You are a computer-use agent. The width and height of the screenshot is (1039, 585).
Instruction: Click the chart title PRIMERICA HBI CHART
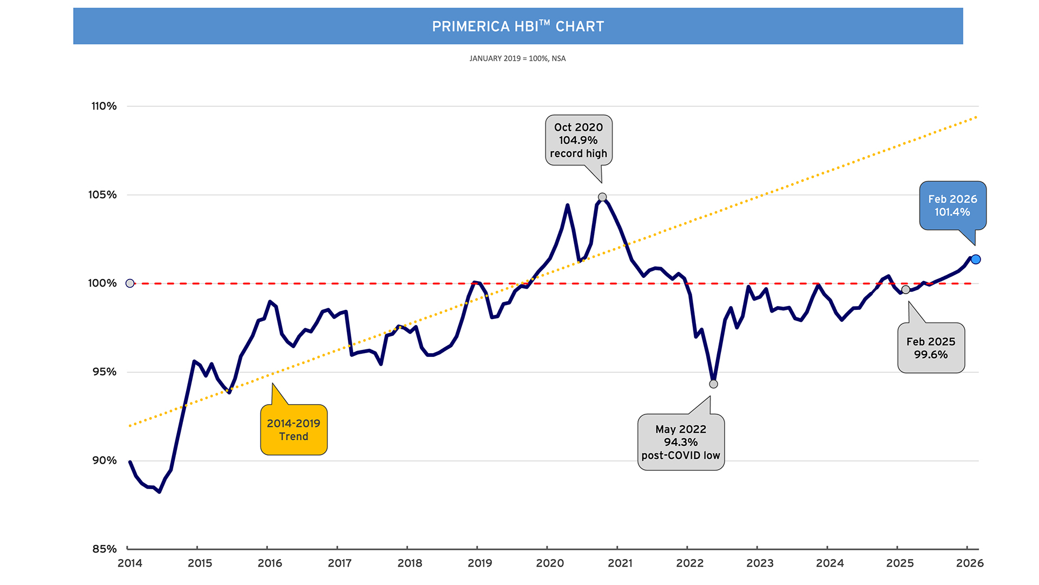pos(518,26)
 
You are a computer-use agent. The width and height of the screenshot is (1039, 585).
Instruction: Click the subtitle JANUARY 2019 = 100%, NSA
pos(517,58)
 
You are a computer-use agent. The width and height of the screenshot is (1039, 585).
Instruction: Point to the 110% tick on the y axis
pos(104,106)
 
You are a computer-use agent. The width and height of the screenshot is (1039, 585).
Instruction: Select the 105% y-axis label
pos(103,194)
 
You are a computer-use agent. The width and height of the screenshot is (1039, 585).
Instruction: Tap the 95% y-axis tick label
pos(104,372)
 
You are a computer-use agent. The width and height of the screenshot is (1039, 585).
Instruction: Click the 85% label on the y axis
pos(104,549)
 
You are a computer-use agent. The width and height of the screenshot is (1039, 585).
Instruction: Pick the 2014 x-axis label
pos(130,563)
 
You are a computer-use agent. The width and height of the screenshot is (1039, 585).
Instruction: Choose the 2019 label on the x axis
pos(479,563)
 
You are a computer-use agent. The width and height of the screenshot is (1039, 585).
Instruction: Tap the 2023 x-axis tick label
pos(760,563)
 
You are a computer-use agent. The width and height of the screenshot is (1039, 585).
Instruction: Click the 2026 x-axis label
pos(970,563)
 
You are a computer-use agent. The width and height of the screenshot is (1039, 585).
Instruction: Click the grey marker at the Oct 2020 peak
pos(602,197)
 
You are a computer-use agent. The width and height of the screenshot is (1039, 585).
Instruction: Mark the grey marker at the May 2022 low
pos(713,384)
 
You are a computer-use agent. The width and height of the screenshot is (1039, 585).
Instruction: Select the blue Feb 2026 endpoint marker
pos(976,259)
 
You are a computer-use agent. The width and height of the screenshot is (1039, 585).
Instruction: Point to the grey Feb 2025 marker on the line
pos(905,290)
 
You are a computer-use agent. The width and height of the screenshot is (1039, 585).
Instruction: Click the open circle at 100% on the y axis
pos(130,283)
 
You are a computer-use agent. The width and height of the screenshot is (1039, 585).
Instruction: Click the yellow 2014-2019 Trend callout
pos(293,430)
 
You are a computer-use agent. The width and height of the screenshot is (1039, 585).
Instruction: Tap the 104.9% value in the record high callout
pos(578,140)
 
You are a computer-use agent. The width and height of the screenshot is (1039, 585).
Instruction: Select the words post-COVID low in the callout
pos(681,456)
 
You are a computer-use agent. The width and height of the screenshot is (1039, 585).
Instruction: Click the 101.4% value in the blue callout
pos(952,212)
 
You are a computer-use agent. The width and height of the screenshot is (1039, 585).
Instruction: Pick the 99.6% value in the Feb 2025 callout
pos(931,355)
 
